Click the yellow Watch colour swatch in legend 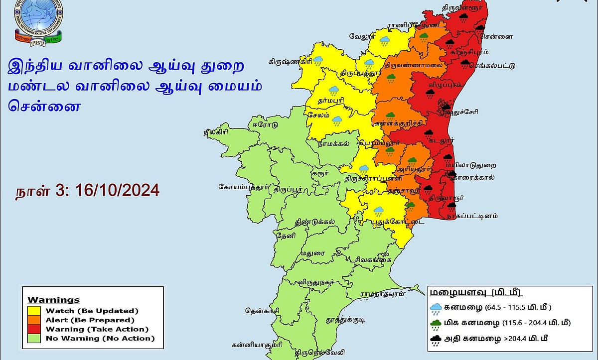(x=36, y=311)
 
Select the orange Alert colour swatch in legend (x=36, y=320)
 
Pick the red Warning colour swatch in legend (x=36, y=329)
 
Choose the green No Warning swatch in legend (x=36, y=339)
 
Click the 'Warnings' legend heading (x=53, y=300)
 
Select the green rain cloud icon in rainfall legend (x=436, y=324)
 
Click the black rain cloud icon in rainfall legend (x=436, y=341)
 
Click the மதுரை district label (x=312, y=253)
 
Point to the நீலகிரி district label (x=215, y=132)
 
